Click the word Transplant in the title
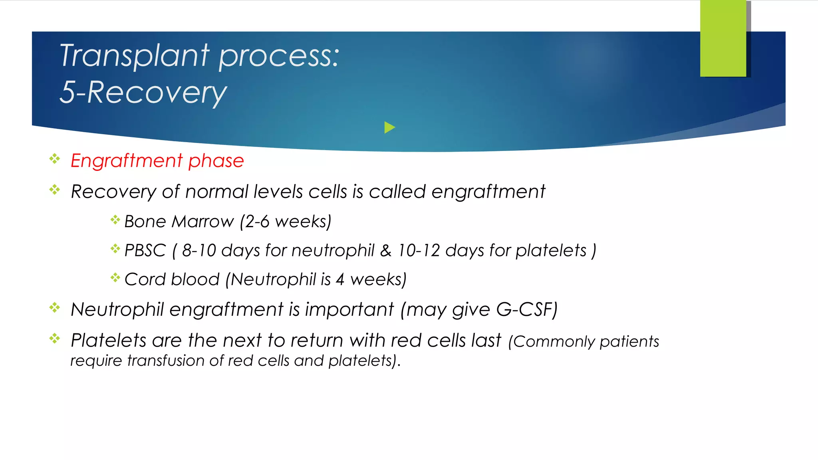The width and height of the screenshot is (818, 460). pos(134,56)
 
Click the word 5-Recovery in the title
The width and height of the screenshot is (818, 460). pos(143,93)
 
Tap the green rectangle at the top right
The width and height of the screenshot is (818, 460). pos(723,38)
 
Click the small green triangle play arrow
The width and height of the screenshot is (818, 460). pos(389,128)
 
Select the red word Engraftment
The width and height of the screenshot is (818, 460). pos(127,161)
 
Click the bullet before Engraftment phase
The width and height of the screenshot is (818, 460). pos(55,159)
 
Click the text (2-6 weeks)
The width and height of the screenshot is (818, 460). pos(286,222)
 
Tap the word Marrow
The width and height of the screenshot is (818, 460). pos(203,222)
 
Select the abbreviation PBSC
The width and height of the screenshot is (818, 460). pos(145,251)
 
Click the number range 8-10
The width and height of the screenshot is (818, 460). pos(199,251)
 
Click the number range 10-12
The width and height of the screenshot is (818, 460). pos(419,251)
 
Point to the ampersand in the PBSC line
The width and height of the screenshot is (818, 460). pos(385,251)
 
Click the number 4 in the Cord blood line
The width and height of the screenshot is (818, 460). pos(340,280)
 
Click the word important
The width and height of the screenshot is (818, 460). pos(349,310)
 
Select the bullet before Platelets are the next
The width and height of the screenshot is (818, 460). pos(55,339)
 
